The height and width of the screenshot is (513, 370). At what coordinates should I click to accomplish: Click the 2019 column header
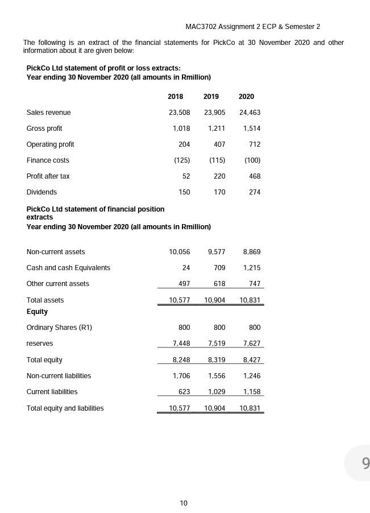tap(211, 97)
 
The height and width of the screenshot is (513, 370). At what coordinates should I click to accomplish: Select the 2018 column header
tap(175, 97)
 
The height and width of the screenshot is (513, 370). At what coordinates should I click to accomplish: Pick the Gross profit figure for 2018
tap(181, 129)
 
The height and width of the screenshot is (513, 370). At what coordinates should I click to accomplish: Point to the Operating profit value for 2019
tap(219, 144)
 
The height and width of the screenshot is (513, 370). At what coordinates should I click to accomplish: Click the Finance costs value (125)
tap(182, 160)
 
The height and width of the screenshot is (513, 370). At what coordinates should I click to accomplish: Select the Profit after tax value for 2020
tap(254, 176)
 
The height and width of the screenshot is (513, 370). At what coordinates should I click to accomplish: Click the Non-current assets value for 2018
tap(179, 252)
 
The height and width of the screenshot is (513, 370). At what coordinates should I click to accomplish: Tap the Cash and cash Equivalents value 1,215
tap(251, 268)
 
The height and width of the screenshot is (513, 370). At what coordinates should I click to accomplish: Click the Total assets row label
tap(45, 300)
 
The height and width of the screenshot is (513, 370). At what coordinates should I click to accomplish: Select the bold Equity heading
tap(37, 312)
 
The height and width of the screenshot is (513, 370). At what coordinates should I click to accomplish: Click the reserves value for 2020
tap(251, 344)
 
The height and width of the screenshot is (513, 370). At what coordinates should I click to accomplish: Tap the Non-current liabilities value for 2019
tap(217, 376)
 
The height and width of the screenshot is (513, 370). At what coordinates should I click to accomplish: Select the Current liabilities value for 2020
tap(251, 392)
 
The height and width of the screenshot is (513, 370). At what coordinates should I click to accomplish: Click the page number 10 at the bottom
tap(184, 503)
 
